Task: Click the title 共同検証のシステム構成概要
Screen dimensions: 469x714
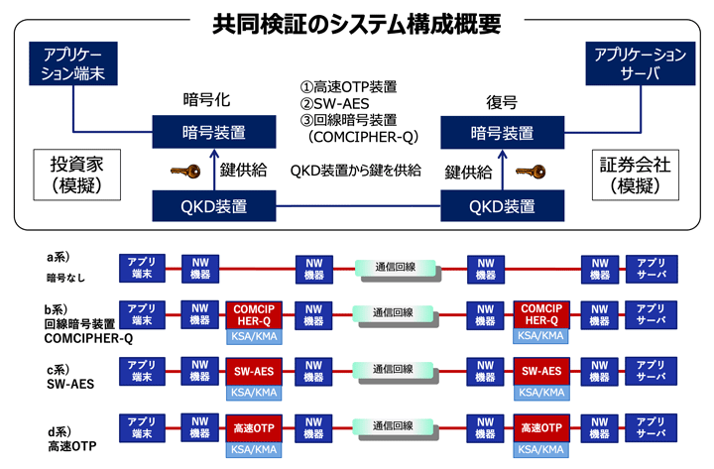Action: pyautogui.click(x=357, y=24)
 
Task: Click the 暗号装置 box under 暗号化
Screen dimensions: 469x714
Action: pyautogui.click(x=213, y=132)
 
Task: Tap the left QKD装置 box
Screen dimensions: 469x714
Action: pyautogui.click(x=213, y=206)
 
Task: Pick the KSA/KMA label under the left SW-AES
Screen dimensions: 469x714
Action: pyautogui.click(x=255, y=393)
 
